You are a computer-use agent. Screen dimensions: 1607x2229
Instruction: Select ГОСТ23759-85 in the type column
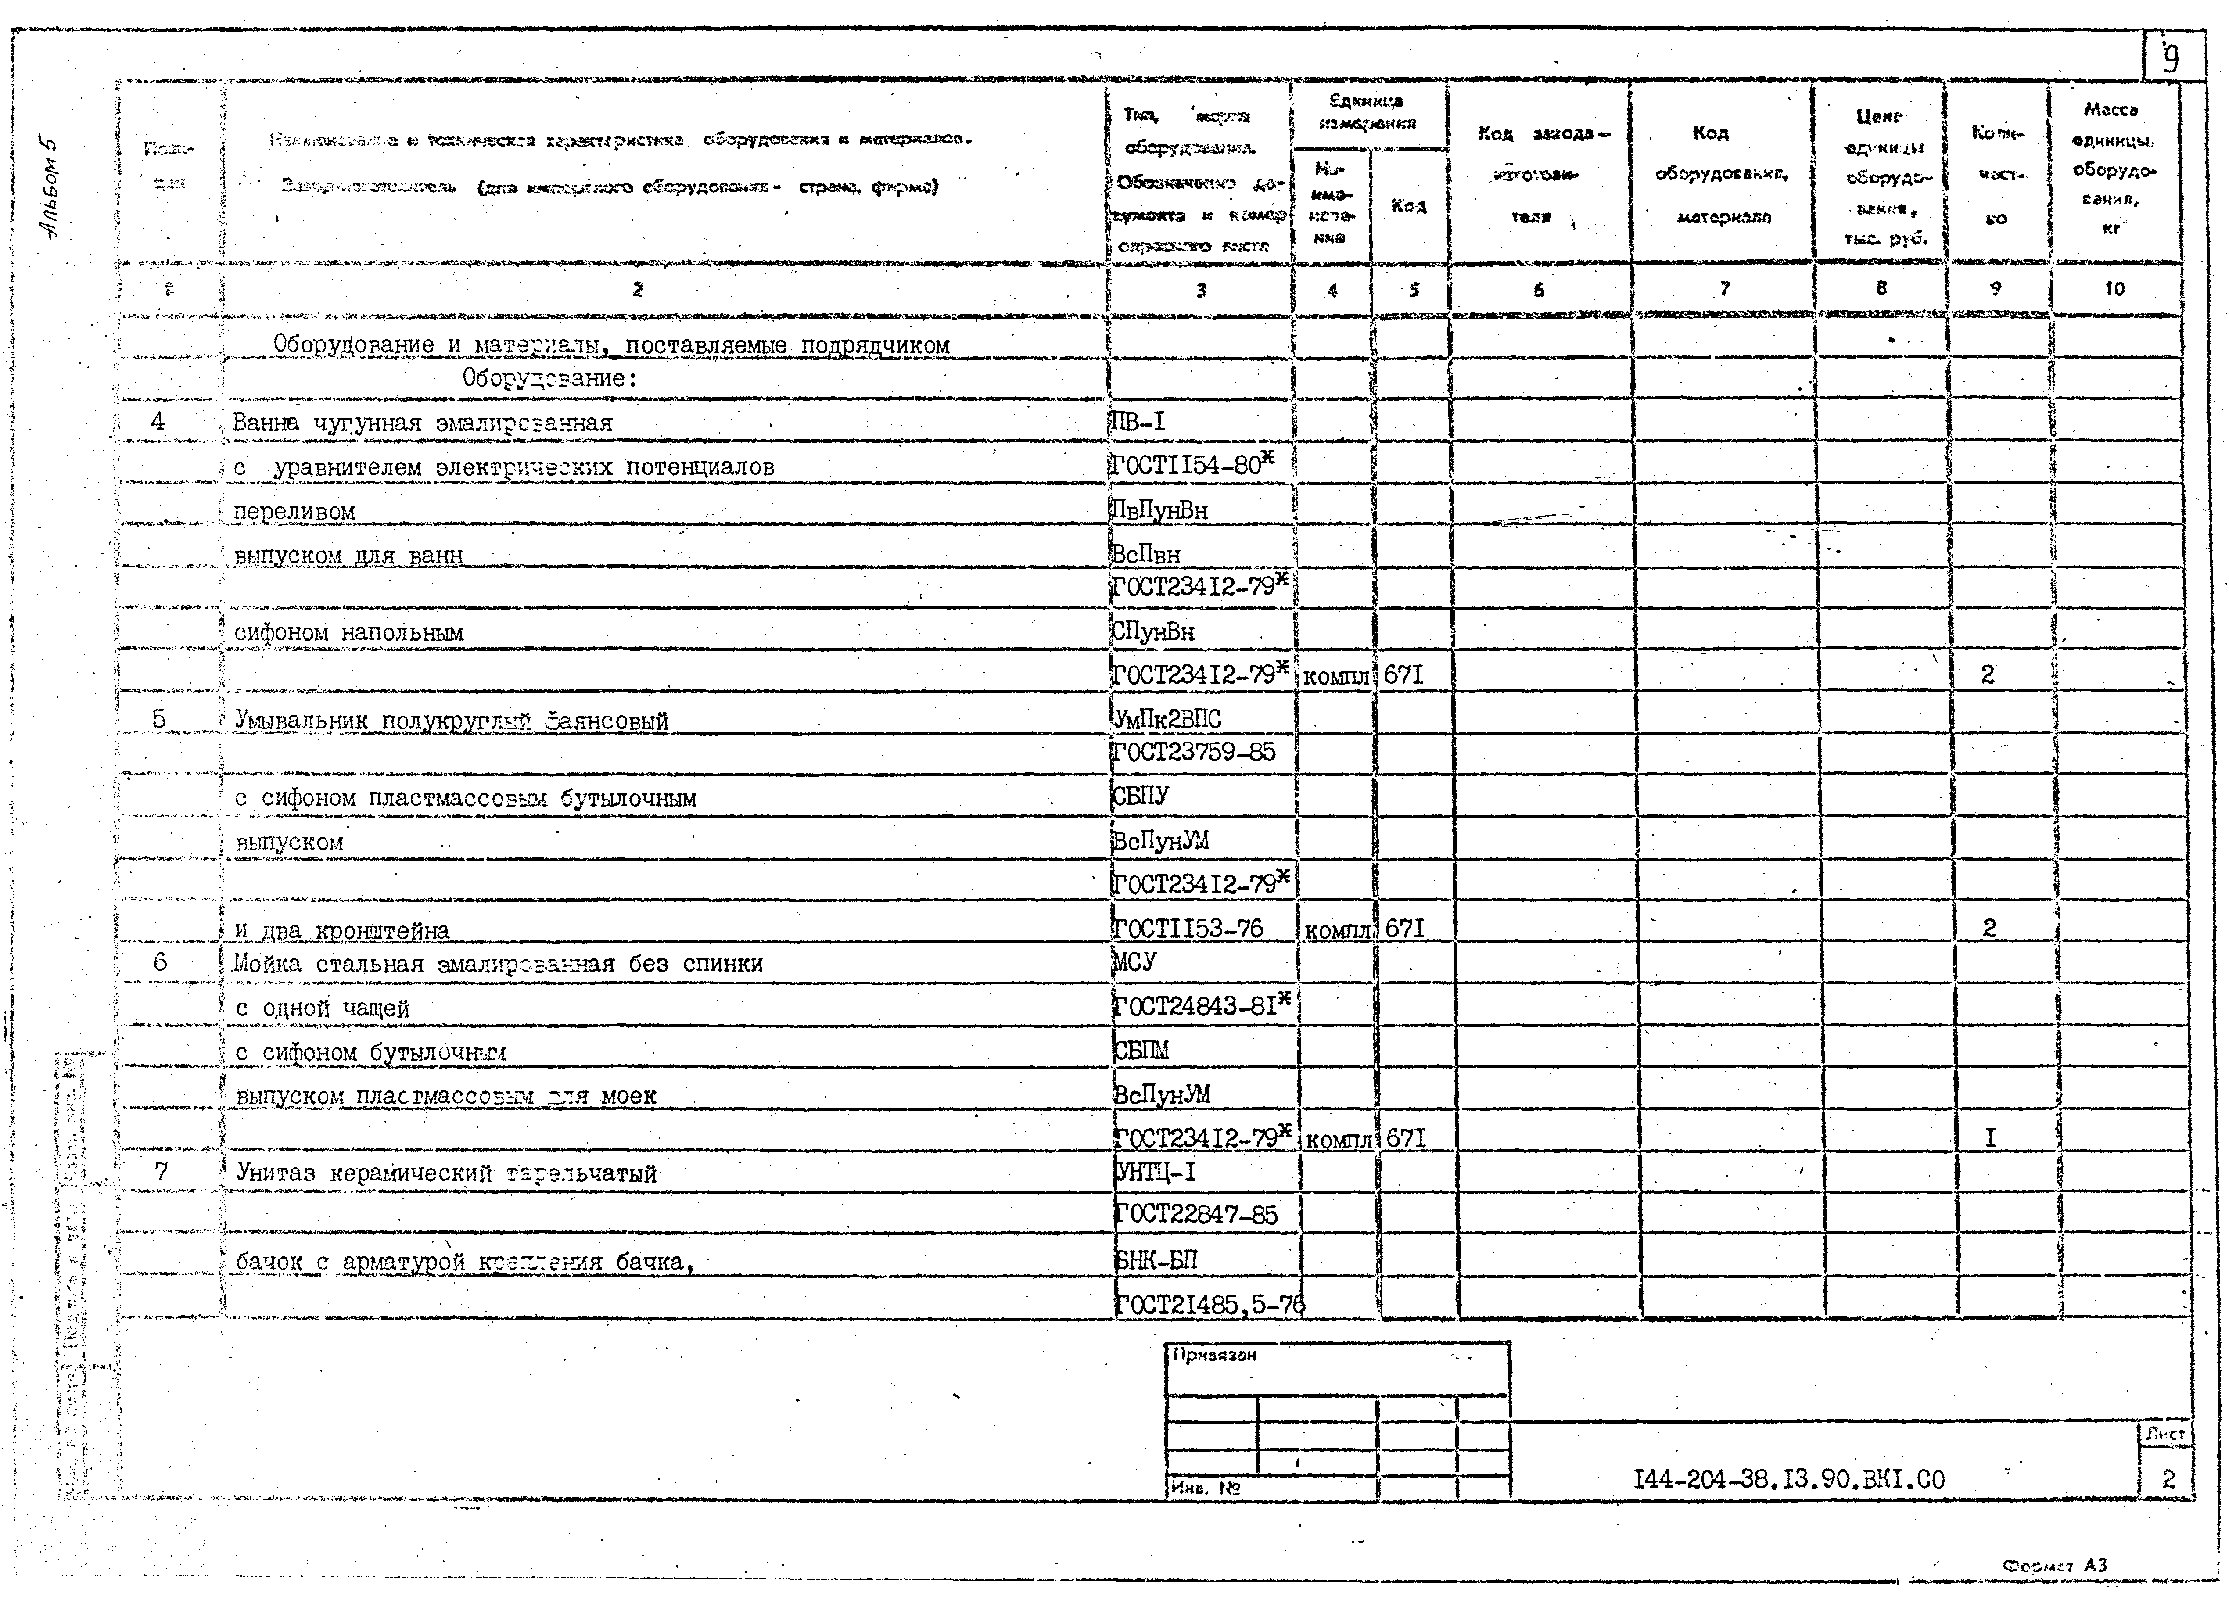pos(1194,752)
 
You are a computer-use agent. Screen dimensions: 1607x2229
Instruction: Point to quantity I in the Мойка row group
pos(1990,1138)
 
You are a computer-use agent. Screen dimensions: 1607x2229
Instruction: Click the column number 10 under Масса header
pos(2114,289)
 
